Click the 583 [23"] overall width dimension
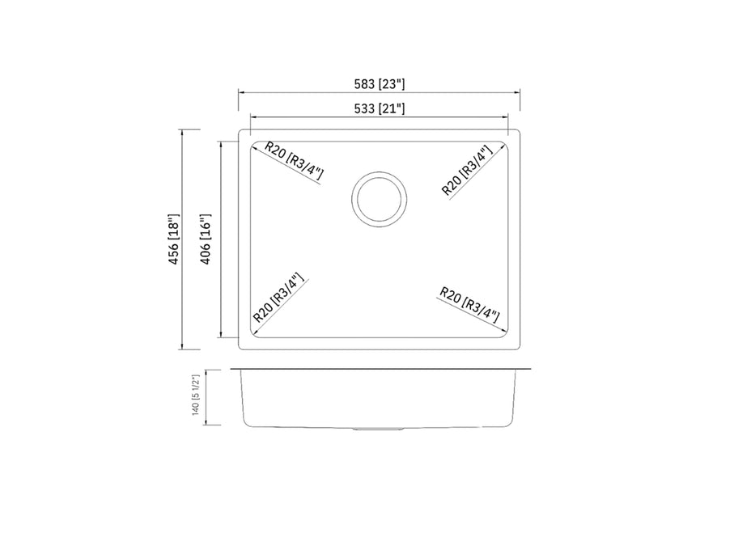[x=378, y=83]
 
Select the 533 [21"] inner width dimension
[x=378, y=108]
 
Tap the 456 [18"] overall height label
[x=172, y=240]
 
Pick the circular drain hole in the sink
[x=379, y=198]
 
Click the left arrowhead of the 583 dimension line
[x=240, y=92]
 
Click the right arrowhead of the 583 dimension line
[x=518, y=92]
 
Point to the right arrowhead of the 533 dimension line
[x=506, y=116]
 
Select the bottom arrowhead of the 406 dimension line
[x=221, y=336]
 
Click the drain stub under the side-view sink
[x=377, y=428]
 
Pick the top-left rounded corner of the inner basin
[x=254, y=146]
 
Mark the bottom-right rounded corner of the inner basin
[x=503, y=333]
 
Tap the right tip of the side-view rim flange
[x=530, y=370]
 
